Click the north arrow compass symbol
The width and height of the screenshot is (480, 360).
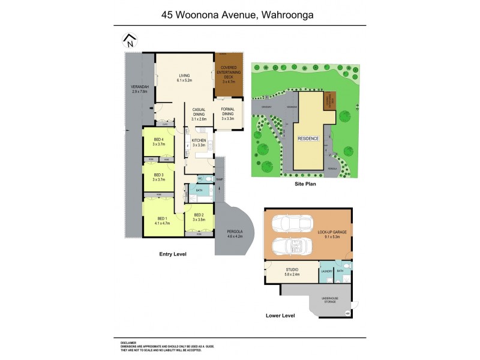pos(129,41)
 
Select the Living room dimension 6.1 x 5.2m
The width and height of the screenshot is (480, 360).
pos(184,80)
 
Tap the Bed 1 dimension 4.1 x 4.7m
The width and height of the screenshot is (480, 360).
pos(162,223)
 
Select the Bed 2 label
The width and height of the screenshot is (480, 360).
pos(199,214)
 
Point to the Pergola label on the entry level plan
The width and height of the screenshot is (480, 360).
pos(235,232)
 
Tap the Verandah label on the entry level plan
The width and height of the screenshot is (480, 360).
pos(139,88)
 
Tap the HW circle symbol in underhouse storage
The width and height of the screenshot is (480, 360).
pos(347,313)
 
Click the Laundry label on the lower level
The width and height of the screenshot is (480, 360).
pos(327,272)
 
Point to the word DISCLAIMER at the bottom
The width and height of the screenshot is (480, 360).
pos(128,342)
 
